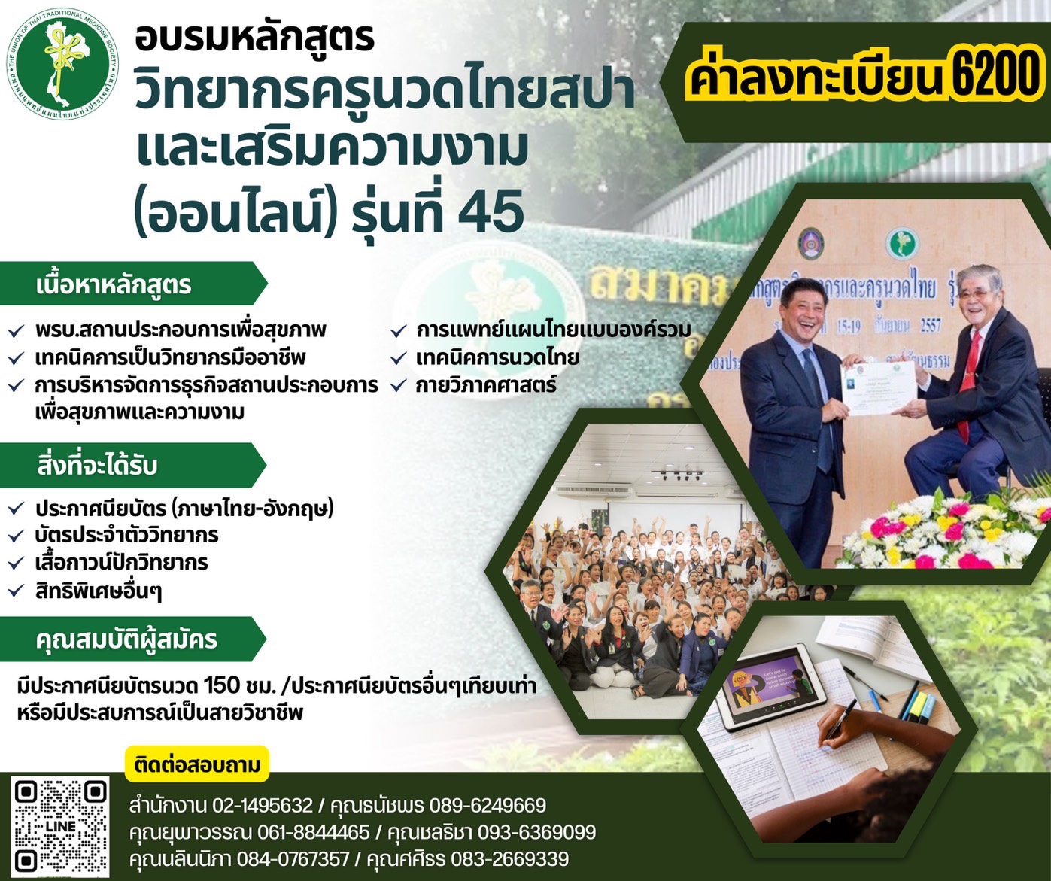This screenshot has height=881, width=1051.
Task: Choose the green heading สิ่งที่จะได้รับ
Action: tap(97, 465)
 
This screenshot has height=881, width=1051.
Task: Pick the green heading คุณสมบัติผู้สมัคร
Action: tap(126, 639)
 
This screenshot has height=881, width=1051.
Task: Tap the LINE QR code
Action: tap(60, 825)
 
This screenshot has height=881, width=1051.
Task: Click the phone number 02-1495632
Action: tap(263, 806)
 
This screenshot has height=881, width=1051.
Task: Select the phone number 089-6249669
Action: tap(488, 806)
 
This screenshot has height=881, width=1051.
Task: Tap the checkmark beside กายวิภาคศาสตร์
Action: tap(398, 386)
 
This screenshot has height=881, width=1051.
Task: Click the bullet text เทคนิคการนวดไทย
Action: tap(497, 357)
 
